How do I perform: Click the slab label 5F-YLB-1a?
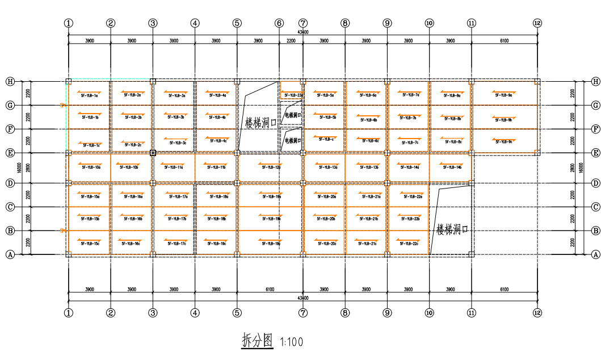coord(89,96)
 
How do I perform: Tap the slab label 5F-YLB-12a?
coord(271,168)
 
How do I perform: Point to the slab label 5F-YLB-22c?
coord(409,244)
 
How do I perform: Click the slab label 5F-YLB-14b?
coord(451,168)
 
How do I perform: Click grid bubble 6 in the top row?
coord(279,23)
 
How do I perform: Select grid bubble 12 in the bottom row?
coord(537,312)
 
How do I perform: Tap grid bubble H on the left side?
coord(10,81)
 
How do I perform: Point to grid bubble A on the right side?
coord(595,254)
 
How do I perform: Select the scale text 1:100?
coord(291,342)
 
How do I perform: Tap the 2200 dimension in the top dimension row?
coord(291,41)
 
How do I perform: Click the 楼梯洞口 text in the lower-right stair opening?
coord(452,229)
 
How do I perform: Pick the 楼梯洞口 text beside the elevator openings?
coord(260,122)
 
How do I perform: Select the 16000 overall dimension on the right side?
coord(582,168)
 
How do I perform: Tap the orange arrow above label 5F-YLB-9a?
coord(502,91)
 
